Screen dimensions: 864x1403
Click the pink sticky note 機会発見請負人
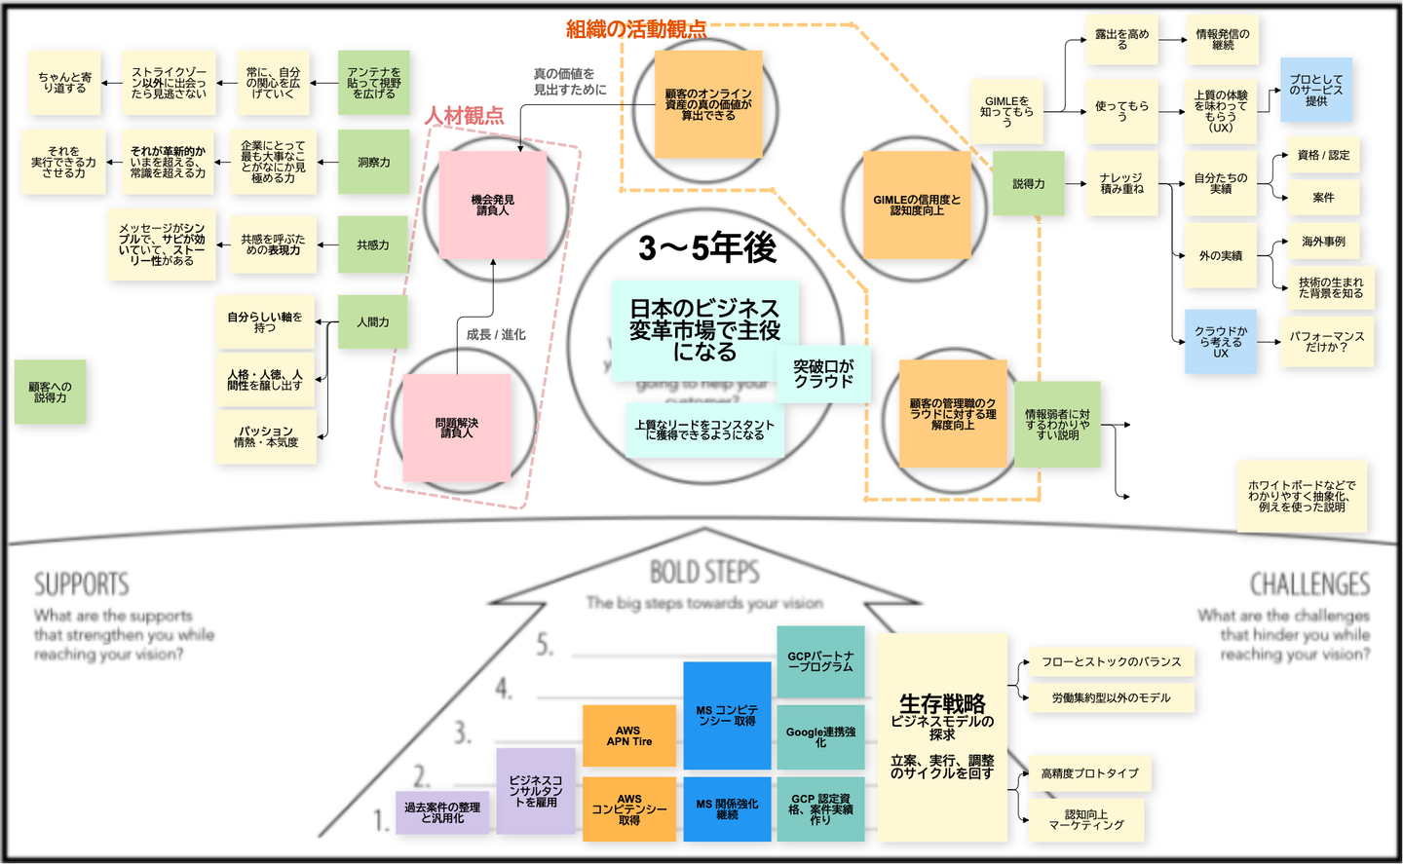click(x=492, y=205)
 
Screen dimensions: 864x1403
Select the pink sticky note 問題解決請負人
click(x=457, y=428)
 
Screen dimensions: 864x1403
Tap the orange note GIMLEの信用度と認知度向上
click(x=916, y=205)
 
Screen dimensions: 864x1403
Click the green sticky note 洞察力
click(x=373, y=163)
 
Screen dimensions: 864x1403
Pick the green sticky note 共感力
click(x=373, y=245)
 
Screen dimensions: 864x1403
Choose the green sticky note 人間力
click(x=373, y=321)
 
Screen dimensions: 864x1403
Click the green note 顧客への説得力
click(x=50, y=392)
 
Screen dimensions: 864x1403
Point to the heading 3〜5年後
click(x=707, y=248)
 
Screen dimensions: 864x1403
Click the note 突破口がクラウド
click(x=823, y=374)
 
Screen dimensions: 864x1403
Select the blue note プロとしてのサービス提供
click(x=1316, y=90)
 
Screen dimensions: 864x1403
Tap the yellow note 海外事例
click(x=1323, y=242)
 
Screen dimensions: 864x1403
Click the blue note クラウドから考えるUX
click(x=1221, y=342)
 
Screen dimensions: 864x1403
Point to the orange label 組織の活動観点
click(x=636, y=29)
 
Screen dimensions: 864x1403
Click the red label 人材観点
click(x=465, y=116)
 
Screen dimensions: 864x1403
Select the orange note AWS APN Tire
click(x=629, y=735)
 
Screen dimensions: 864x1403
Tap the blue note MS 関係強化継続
click(x=727, y=808)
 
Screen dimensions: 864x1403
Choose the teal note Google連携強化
click(x=820, y=736)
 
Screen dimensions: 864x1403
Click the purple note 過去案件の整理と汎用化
click(x=442, y=812)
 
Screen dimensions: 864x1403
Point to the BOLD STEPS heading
click(x=704, y=572)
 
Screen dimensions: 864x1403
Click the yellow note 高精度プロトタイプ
click(x=1089, y=773)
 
